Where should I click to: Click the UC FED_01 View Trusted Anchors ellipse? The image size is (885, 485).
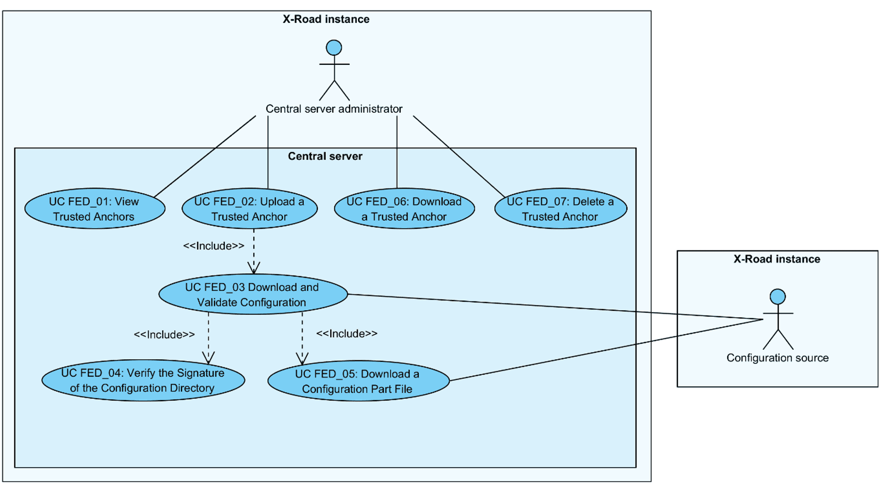pos(95,209)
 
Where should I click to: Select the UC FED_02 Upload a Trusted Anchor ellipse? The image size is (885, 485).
pos(249,209)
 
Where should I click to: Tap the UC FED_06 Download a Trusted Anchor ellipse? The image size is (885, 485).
pos(404,209)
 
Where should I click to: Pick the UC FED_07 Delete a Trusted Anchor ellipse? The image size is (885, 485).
pos(560,209)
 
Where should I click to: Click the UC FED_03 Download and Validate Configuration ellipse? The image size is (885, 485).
pos(253,294)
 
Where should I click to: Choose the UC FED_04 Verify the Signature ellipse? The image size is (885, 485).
pos(143,380)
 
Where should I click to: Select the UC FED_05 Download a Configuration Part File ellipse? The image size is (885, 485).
pos(358,381)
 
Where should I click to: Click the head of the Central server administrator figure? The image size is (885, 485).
pos(334,48)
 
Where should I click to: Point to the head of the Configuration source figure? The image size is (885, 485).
pos(777,296)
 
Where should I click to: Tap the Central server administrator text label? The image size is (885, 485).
pos(334,109)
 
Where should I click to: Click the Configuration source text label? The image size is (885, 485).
pos(777,358)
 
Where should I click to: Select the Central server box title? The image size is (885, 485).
pos(325,156)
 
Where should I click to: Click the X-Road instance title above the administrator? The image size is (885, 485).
pos(326,19)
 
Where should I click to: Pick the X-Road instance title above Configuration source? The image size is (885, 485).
pos(777,259)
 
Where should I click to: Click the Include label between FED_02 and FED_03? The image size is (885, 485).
pos(214,246)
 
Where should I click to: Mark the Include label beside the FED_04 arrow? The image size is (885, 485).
pos(164,335)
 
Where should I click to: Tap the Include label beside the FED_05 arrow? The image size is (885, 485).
pos(347,334)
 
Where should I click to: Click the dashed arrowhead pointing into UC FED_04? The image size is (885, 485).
pos(208,358)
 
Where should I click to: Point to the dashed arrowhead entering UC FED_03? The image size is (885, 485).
pos(254,268)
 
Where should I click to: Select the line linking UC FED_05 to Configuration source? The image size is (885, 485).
pos(603,350)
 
